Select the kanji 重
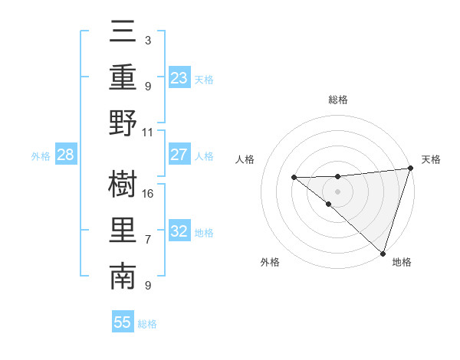(123, 79)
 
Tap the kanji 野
(123, 123)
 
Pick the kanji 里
(123, 231)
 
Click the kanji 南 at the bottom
(123, 277)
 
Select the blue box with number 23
(179, 77)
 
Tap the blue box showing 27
(179, 155)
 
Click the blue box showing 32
(179, 231)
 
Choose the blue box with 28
(66, 155)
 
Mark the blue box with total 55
(123, 322)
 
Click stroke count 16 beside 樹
(149, 193)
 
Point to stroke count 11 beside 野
(149, 132)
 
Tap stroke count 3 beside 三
(147, 40)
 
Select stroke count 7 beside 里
(148, 240)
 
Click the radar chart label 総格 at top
(338, 100)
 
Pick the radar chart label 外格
(270, 262)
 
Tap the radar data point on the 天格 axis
(410, 169)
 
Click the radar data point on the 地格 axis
(383, 253)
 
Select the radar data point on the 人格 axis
(294, 178)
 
